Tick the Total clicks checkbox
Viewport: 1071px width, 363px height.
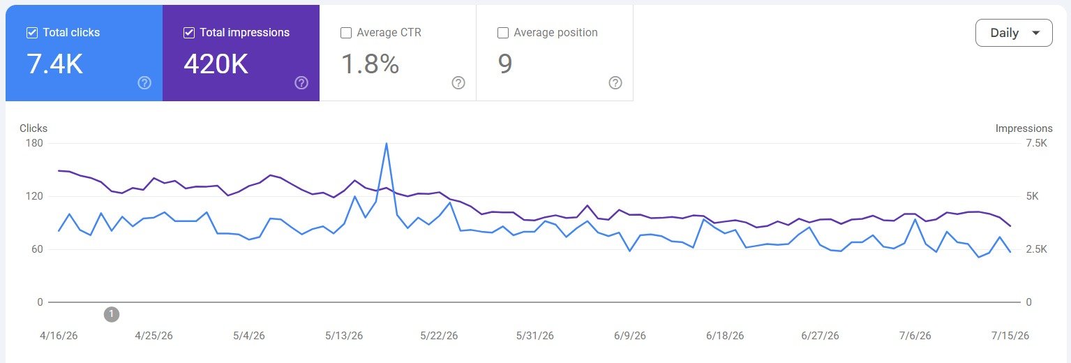(x=32, y=33)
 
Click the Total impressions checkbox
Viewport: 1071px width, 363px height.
(x=189, y=33)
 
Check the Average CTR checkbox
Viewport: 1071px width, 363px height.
(x=345, y=33)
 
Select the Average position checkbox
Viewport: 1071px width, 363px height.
(x=503, y=33)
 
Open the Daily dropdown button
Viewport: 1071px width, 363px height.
(x=1014, y=33)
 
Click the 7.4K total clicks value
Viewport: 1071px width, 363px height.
(x=55, y=64)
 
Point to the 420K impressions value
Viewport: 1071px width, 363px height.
(x=216, y=64)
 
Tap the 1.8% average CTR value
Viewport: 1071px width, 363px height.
(x=370, y=64)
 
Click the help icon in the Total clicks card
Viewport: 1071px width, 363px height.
(x=144, y=83)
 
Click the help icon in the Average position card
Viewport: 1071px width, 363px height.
(x=615, y=83)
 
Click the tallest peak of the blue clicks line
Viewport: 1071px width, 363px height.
(x=387, y=144)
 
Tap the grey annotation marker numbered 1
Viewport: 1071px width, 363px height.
(x=112, y=314)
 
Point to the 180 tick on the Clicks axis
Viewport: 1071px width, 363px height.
(x=34, y=143)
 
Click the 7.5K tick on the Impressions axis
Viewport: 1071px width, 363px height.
(x=1037, y=143)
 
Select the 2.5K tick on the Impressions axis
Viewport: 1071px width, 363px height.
(x=1037, y=249)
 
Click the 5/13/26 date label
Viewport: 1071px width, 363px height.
(x=344, y=336)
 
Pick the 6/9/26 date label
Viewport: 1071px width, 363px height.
(x=629, y=336)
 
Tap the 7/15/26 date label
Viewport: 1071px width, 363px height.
(x=1010, y=336)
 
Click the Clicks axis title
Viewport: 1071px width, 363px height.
(x=33, y=128)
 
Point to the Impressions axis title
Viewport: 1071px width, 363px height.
(x=1024, y=128)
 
